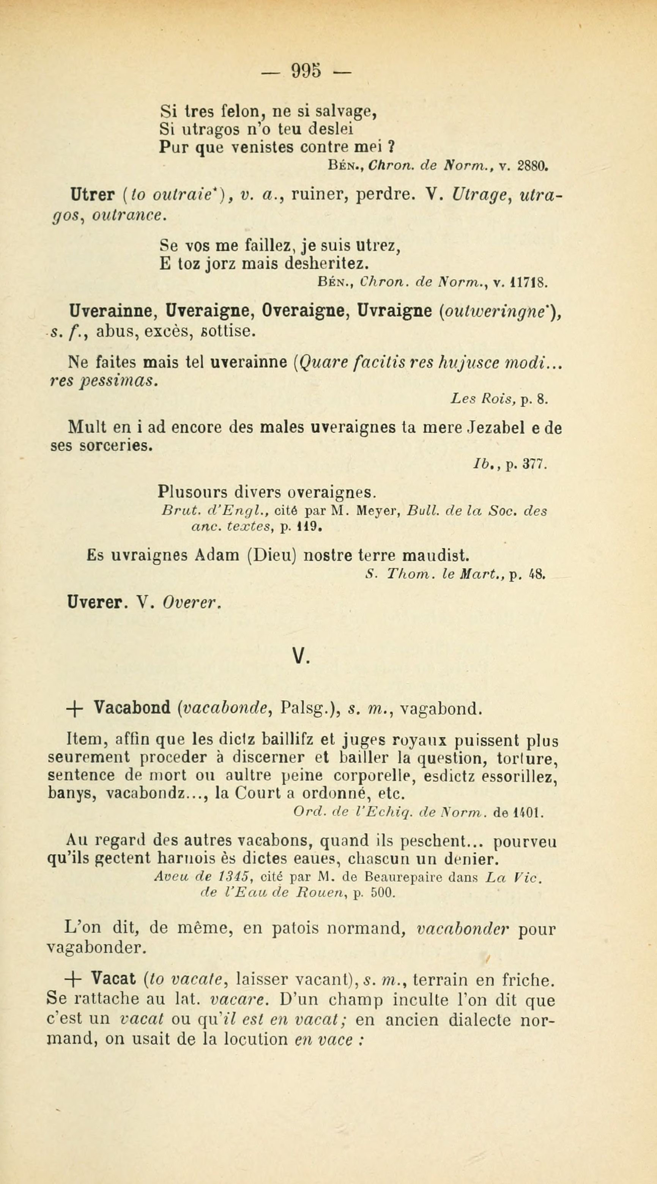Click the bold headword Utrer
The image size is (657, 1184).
pos(91,195)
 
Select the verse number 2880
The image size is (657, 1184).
pos(533,165)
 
